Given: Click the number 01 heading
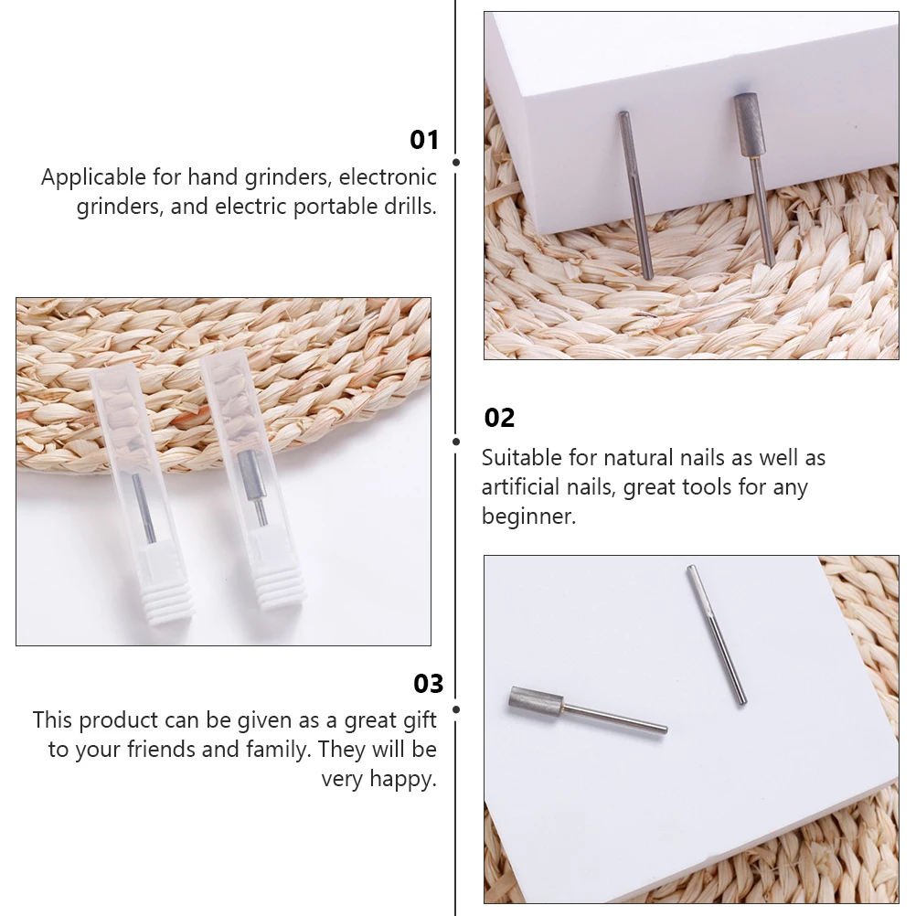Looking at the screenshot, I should coord(424,140).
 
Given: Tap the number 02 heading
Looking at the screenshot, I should coord(499,418).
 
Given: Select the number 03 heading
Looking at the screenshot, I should coord(428,684).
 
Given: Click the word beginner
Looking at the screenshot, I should coord(528,517).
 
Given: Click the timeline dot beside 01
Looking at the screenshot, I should coord(456,162).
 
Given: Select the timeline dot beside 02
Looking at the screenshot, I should coord(456,441).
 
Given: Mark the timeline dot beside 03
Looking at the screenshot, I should coord(456,708).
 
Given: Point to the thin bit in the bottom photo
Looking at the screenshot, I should coord(717,634).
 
